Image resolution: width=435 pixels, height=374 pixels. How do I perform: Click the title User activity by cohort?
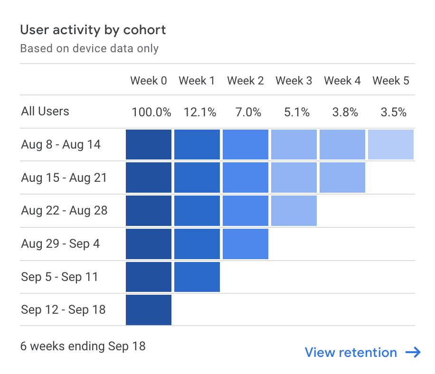pyautogui.click(x=93, y=30)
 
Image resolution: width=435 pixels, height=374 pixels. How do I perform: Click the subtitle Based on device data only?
pyautogui.click(x=89, y=48)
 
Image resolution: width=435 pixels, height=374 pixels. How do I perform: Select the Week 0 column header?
pyautogui.click(x=149, y=81)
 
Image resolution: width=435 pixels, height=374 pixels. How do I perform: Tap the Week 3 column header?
pyautogui.click(x=293, y=81)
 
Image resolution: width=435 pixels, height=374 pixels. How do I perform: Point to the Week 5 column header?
pyautogui.click(x=390, y=81)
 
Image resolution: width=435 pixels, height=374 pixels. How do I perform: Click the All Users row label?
pyautogui.click(x=45, y=112)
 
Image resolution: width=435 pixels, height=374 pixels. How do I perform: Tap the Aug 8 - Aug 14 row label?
pyautogui.click(x=61, y=144)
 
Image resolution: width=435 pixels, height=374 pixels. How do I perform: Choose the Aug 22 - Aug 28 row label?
pyautogui.click(x=64, y=210)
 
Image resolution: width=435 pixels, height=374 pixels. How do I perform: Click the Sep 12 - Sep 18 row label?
pyautogui.click(x=63, y=310)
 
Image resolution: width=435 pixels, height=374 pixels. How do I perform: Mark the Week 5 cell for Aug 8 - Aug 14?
pyautogui.click(x=390, y=144)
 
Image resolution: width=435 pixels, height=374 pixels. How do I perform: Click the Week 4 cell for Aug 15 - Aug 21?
pyautogui.click(x=342, y=178)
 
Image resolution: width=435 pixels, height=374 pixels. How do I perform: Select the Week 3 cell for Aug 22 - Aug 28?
pyautogui.click(x=293, y=211)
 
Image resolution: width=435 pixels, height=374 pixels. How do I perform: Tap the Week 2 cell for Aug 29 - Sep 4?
pyautogui.click(x=245, y=244)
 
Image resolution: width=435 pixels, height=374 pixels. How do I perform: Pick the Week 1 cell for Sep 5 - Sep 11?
pyautogui.click(x=197, y=277)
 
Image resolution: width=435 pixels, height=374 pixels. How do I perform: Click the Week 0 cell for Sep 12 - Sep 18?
pyautogui.click(x=149, y=310)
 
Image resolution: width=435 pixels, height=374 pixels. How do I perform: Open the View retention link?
pyautogui.click(x=362, y=353)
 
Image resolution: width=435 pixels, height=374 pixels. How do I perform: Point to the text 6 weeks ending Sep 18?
pyautogui.click(x=83, y=346)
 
